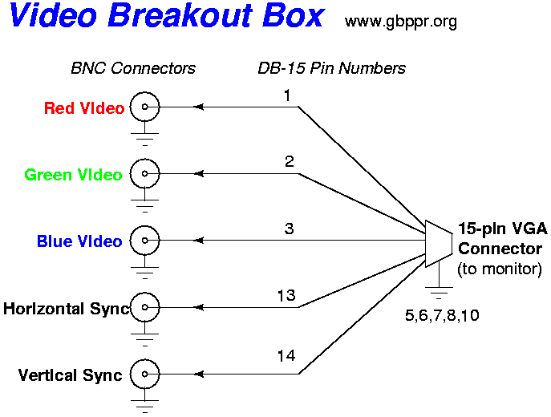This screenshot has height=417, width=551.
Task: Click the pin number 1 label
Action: coord(287,95)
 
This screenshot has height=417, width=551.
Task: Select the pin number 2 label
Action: coord(290,162)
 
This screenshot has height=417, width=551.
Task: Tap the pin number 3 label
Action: coord(290,229)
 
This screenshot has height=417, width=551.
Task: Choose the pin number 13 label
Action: coord(286,295)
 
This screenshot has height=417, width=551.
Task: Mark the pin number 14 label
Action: coord(286,356)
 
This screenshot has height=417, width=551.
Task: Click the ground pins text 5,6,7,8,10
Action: coord(442,315)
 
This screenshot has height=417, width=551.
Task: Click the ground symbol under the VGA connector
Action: coord(439,288)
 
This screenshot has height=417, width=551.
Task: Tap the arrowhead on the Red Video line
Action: coord(199,107)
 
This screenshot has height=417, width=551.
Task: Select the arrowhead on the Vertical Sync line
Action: coord(199,374)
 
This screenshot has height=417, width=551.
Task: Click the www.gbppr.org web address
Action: coord(401,22)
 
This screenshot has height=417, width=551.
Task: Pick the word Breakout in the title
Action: coord(180,15)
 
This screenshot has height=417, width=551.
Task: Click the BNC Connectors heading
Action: coord(133,68)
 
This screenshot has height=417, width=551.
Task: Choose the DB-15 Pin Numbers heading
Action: coord(332,68)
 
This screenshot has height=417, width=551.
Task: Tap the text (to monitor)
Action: coord(500,269)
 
